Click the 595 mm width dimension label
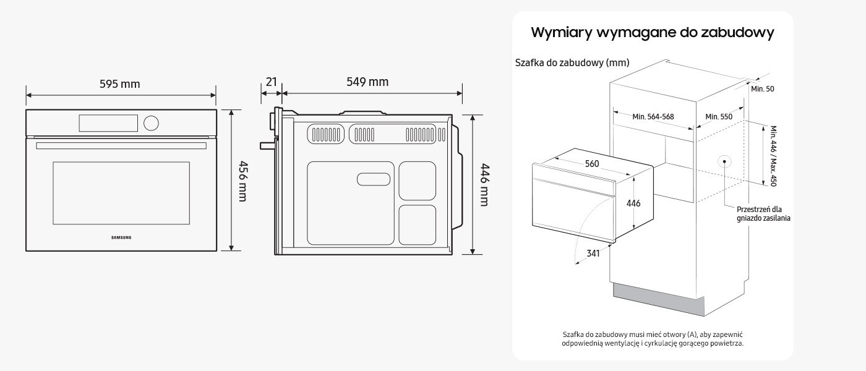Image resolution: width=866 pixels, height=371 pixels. coord(120,84)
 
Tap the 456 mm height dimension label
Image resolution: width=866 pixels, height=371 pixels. coord(243,181)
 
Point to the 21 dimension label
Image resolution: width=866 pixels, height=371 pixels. coord(271,82)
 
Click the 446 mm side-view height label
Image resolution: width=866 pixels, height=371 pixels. coord(484,184)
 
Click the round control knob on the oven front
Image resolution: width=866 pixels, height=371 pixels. coord(151,123)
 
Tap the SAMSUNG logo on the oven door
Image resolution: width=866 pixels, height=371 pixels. coord(121,237)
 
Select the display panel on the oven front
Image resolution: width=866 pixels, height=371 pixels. coord(108,123)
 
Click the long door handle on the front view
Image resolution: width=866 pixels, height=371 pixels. coord(121,146)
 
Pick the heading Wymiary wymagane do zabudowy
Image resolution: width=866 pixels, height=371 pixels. coord(653,33)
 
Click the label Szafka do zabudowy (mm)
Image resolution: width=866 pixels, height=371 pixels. coord(572,62)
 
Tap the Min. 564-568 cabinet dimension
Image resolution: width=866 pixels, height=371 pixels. coord(653,117)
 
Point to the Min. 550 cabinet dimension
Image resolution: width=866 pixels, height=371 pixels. coord(719,117)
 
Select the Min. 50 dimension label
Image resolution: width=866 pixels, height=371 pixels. coord(762,89)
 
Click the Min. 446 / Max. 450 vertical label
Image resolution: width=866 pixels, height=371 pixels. coord(773,156)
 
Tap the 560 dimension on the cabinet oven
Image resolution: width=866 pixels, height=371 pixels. coord(592,164)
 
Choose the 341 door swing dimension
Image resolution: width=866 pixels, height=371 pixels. coord(593,253)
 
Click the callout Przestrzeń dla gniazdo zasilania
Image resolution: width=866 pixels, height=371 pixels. coord(763,213)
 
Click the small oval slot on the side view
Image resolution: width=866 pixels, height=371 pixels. coord(373,179)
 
